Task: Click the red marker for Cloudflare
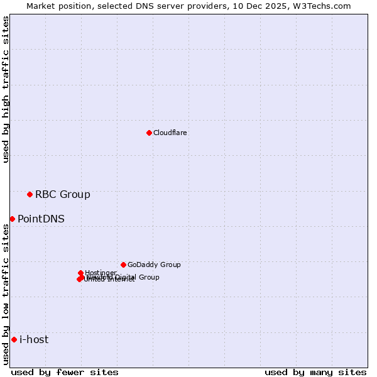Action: [149, 133]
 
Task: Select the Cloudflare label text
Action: [170, 133]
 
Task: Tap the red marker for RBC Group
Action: [30, 194]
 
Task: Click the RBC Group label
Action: [63, 195]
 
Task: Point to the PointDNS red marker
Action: [12, 219]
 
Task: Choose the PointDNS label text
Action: [41, 219]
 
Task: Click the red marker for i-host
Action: [14, 340]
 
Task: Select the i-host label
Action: [34, 340]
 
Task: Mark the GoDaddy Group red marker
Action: [123, 265]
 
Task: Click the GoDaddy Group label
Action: [154, 265]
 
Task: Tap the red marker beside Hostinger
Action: [80, 273]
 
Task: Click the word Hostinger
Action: [101, 273]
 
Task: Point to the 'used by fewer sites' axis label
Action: [65, 373]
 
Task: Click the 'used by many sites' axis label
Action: [315, 373]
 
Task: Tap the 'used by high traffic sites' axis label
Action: [6, 90]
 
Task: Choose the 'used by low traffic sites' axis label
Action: [6, 294]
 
